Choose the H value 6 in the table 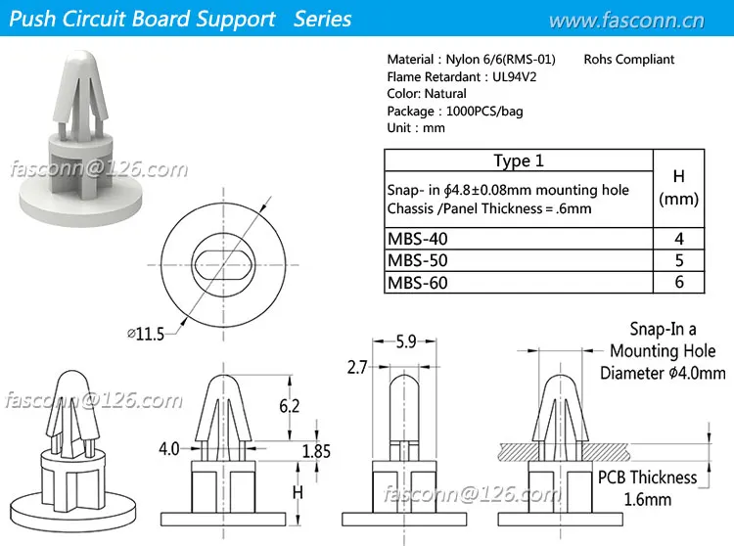click(x=678, y=282)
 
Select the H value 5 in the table click(x=678, y=260)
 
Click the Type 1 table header click(x=518, y=160)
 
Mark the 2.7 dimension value click(x=357, y=368)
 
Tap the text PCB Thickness click(x=648, y=478)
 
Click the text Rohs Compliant click(x=629, y=60)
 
